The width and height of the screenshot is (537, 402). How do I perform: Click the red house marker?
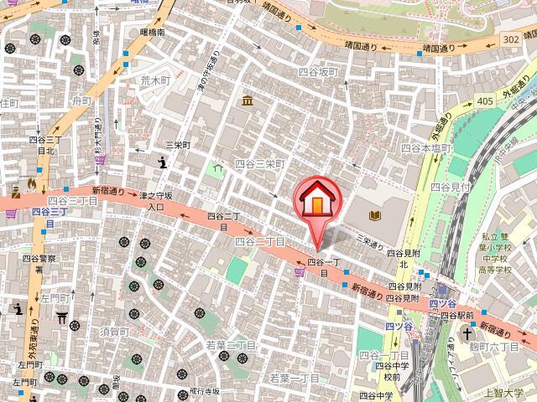[x=317, y=201]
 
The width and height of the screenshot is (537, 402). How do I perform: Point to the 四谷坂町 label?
[x=318, y=73]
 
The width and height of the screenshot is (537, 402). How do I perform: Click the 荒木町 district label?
[x=154, y=80]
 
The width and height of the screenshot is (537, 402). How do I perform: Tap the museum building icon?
[x=248, y=102]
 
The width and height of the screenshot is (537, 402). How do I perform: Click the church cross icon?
[x=470, y=333]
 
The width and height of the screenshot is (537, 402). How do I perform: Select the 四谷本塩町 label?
[x=426, y=147]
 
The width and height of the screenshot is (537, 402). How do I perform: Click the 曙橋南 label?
[x=154, y=33]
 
